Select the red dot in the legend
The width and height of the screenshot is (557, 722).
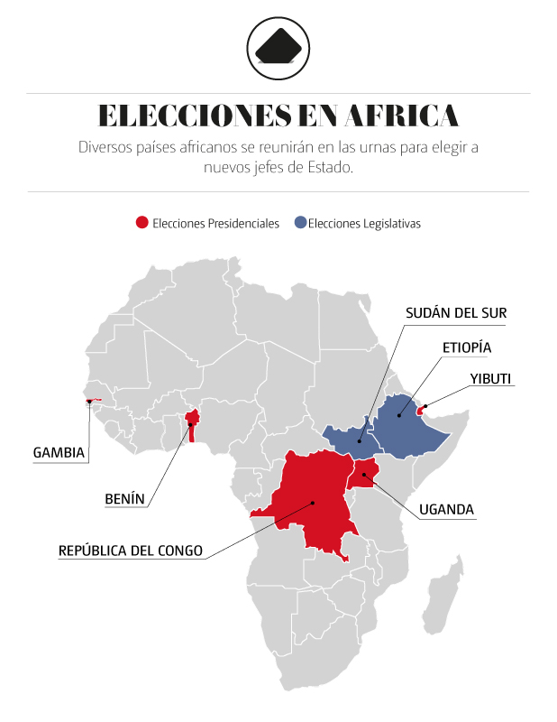pos(142,223)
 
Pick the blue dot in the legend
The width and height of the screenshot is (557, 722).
pos(299,223)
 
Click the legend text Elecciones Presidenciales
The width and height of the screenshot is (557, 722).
pos(215,223)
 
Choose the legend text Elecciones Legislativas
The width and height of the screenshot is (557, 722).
pos(364,223)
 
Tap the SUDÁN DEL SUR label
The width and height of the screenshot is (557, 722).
pos(455,313)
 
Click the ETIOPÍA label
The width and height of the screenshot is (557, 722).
pos(467,347)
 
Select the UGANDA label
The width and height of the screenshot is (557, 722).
pos(446,510)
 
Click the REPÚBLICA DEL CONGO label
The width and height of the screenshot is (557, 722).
pos(131,550)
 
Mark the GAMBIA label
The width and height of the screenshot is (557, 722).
pos(59,452)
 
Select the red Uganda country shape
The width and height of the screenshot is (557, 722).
pos(365,471)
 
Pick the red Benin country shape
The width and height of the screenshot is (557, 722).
pos(191,424)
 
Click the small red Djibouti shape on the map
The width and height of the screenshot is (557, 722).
pos(421,409)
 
